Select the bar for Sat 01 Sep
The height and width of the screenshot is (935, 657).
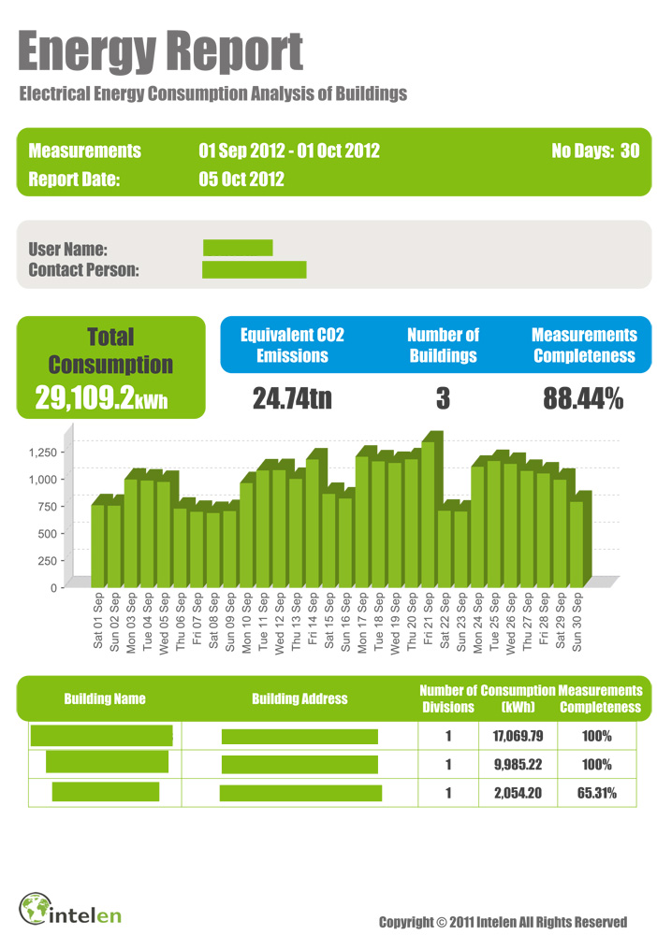(97, 542)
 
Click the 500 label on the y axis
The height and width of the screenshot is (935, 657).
(46, 533)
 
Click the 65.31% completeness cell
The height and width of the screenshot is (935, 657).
(596, 793)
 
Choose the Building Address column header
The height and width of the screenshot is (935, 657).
(299, 698)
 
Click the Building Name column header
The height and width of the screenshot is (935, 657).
(105, 698)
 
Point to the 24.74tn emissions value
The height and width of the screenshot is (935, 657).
(292, 399)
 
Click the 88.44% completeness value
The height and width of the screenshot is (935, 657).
(583, 399)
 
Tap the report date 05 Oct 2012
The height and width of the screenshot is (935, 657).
(241, 180)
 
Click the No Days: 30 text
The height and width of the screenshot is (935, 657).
(595, 151)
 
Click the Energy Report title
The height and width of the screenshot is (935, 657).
(160, 51)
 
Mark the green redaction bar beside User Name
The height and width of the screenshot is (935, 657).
(238, 248)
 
